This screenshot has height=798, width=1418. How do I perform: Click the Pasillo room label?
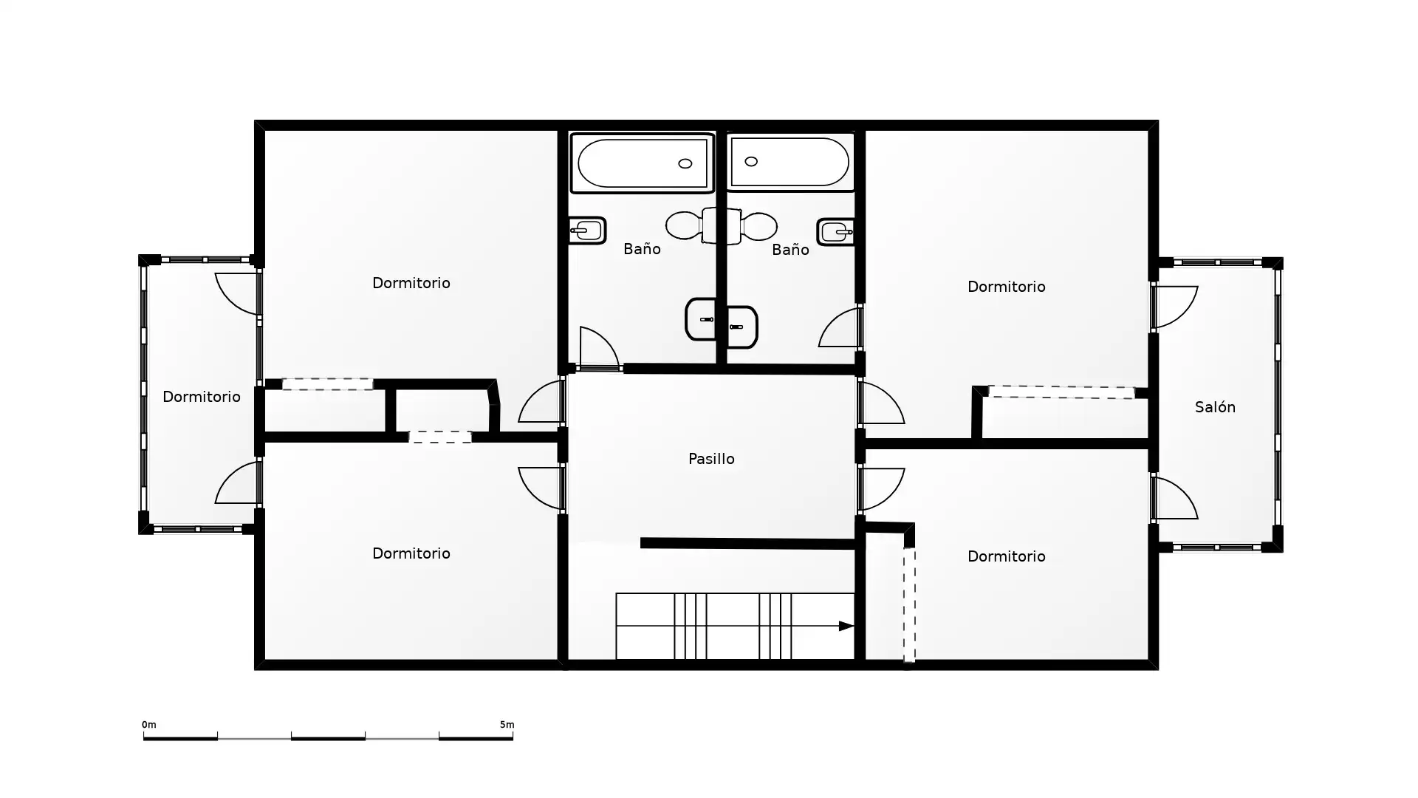point(711,459)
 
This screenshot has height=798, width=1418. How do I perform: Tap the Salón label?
point(1215,406)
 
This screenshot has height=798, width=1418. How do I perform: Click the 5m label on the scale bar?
point(507,725)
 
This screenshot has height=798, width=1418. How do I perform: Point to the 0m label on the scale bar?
point(149,725)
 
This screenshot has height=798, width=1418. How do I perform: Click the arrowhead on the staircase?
point(846,626)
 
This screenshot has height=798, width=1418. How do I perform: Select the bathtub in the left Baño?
point(643,163)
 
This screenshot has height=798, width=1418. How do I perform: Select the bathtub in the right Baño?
point(790,162)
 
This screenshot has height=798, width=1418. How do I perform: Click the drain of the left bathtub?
point(685,163)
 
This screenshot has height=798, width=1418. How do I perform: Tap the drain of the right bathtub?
point(751,161)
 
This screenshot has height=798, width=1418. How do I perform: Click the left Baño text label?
point(642,249)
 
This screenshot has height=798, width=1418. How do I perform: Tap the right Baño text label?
point(790,250)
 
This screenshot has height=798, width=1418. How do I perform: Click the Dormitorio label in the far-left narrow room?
point(202,397)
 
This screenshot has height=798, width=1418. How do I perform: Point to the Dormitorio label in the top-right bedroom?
point(1006,287)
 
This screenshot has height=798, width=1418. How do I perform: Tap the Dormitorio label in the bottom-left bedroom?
point(411,553)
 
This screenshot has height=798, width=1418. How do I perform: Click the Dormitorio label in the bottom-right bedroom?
point(1006,556)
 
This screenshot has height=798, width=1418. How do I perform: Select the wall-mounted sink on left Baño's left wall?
point(587,231)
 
